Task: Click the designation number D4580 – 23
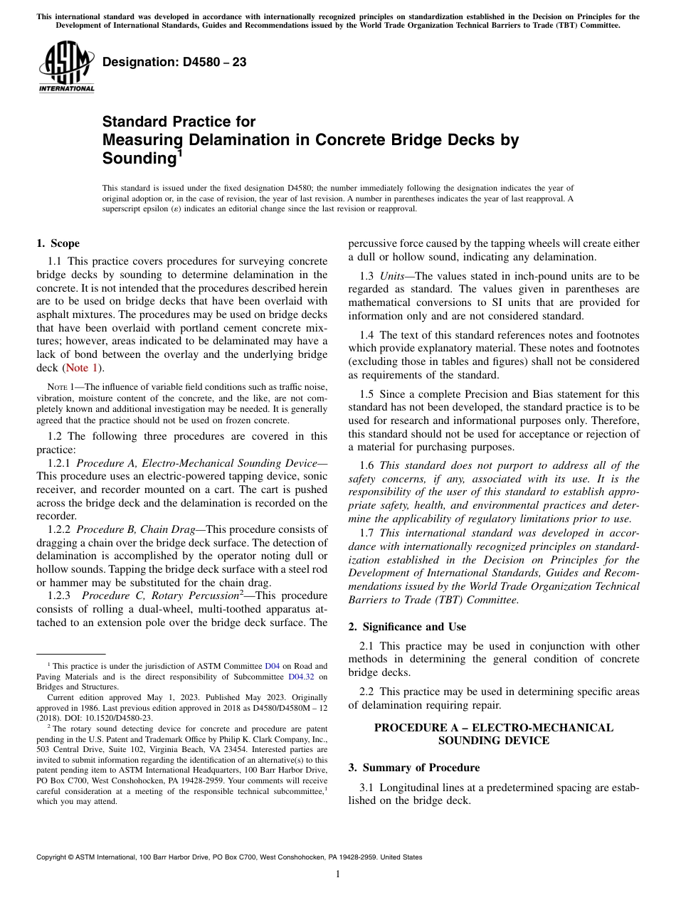174,63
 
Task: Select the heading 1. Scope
58,243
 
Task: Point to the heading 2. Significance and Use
407,627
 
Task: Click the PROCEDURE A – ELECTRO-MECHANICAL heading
493,728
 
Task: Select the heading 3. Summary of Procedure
413,768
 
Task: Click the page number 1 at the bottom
338,874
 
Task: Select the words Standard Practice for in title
179,122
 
